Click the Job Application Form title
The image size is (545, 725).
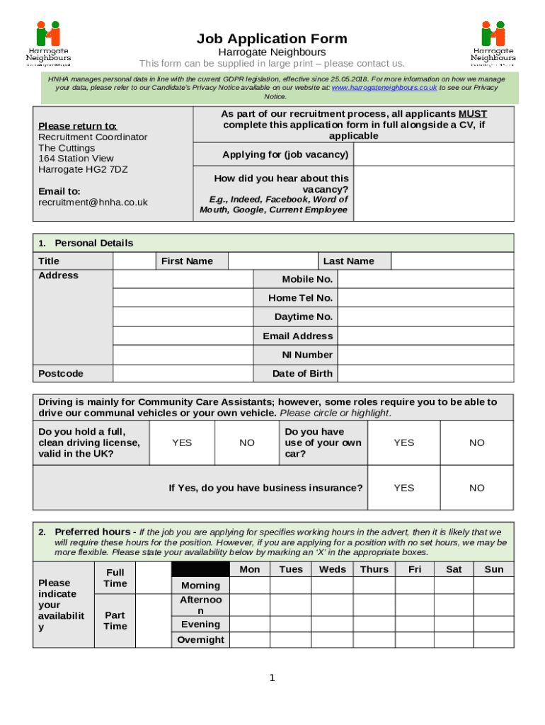coord(272,38)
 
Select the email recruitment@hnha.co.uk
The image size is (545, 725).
coord(93,202)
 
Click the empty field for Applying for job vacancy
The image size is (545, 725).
coord(433,154)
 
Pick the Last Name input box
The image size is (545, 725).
coord(452,261)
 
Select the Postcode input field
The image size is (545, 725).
coord(183,374)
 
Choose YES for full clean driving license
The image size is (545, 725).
coord(182,443)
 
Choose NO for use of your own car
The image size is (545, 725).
coord(477,443)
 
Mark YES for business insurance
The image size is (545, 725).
coord(403,488)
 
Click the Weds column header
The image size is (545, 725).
coord(333,569)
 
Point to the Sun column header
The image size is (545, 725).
coord(494,569)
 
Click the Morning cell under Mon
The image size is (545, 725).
coord(250,586)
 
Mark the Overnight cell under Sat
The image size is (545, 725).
coord(454,640)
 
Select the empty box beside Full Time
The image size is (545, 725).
coord(154,578)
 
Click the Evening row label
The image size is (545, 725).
coord(200,624)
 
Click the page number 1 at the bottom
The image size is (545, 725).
coord(272,678)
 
